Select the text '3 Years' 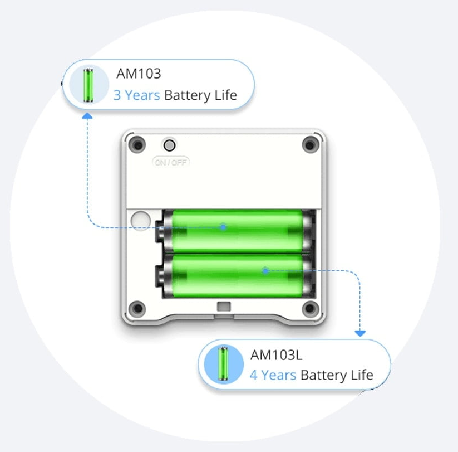click(x=136, y=95)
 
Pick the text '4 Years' click(x=272, y=375)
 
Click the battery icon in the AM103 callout click(x=88, y=85)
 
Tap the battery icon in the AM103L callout click(x=223, y=364)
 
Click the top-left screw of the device click(x=137, y=145)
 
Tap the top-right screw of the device click(x=309, y=145)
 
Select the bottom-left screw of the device click(x=137, y=308)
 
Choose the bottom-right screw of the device click(x=309, y=308)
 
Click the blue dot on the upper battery click(x=223, y=227)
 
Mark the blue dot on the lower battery click(x=265, y=270)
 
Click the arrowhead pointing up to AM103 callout click(x=87, y=115)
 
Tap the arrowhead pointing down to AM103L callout click(x=360, y=333)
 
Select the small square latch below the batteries click(x=224, y=306)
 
